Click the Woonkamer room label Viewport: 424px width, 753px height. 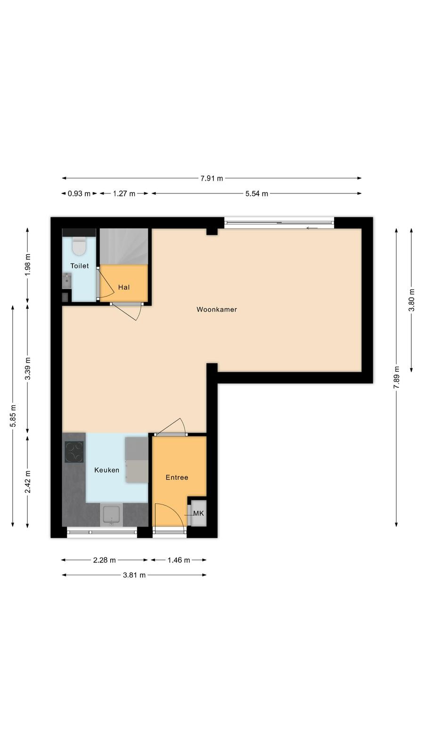click(217, 309)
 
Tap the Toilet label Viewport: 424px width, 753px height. click(80, 265)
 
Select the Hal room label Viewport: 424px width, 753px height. click(124, 287)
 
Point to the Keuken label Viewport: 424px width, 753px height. click(106, 470)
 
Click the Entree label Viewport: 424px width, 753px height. click(177, 477)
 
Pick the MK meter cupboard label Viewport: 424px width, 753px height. click(198, 513)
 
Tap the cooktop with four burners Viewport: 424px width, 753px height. click(74, 452)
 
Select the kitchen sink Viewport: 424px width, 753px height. click(111, 515)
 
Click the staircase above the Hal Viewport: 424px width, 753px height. click(124, 247)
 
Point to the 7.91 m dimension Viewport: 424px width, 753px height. click(212, 178)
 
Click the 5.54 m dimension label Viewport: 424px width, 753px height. click(257, 193)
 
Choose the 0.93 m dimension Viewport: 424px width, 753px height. click(79, 193)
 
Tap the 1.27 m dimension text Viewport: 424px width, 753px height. click(124, 193)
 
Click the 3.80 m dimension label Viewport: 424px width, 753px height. click(412, 300)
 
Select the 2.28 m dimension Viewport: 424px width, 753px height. click(104, 560)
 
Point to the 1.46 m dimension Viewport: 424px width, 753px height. click(179, 560)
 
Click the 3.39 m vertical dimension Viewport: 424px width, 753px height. click(28, 368)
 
